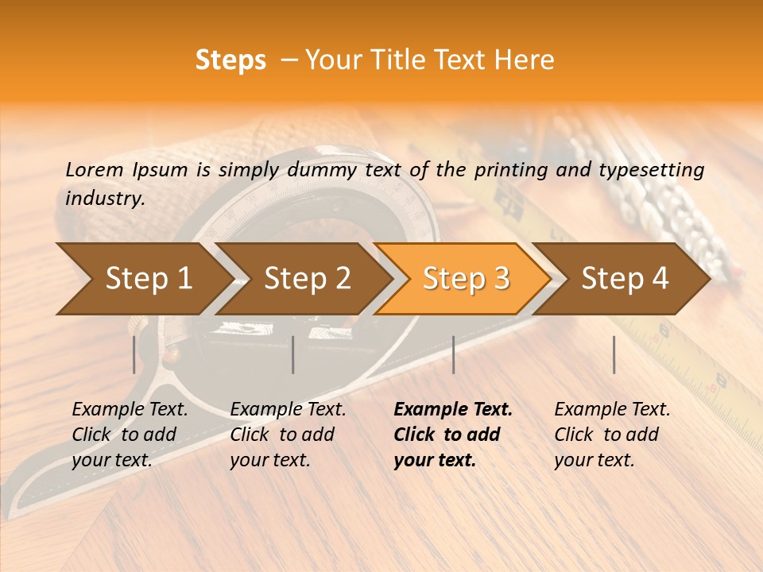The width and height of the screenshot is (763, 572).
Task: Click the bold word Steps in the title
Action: pos(230,60)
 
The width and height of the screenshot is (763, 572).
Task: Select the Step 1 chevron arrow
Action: pos(143,279)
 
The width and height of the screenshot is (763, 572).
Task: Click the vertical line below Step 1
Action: pos(134,354)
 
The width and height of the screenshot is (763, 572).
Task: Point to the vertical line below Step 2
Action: pos(293,354)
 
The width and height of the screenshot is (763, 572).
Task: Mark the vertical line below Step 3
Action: pos(454,354)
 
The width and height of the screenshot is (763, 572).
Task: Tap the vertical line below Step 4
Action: pos(614,354)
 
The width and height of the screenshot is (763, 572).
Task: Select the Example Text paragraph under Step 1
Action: pos(130,435)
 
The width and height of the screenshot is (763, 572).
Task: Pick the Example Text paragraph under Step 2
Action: pos(288,435)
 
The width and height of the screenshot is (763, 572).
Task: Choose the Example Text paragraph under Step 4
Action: pos(612,435)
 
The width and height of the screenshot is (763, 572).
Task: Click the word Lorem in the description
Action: pos(95,169)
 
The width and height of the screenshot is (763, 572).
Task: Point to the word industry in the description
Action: pos(105,199)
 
